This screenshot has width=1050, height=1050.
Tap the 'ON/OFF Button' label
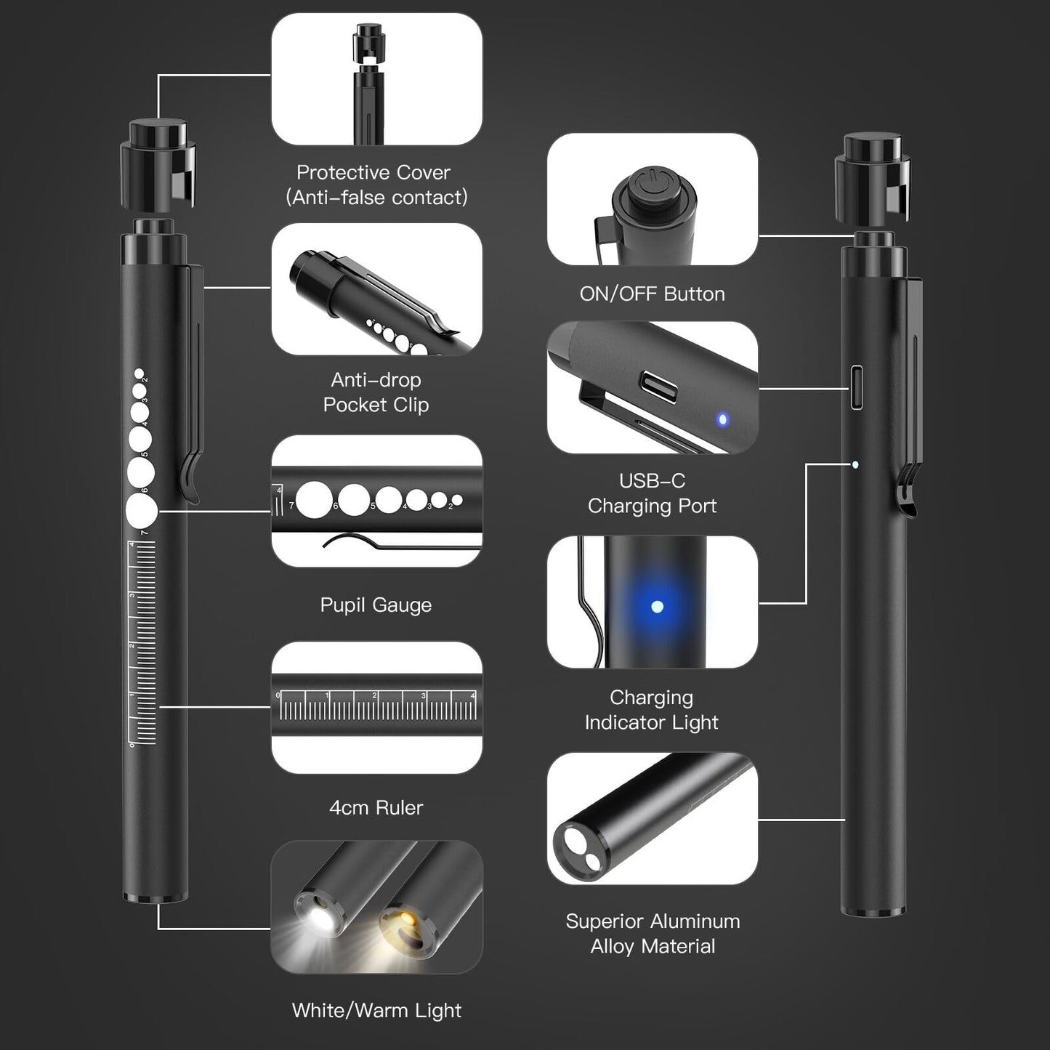pos(652,294)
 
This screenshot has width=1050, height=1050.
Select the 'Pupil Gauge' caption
pos(376,605)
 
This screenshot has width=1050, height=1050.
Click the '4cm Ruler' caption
pos(376,807)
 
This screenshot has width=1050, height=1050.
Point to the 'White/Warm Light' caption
pos(376,1010)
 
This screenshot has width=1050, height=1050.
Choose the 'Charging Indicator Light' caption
pos(651,710)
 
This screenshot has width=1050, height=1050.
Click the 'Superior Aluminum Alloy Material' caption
pos(653,934)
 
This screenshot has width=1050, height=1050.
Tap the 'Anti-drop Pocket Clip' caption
pos(376,392)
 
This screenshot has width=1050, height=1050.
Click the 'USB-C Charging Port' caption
pos(652,493)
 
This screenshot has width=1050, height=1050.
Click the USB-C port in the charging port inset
pos(659,387)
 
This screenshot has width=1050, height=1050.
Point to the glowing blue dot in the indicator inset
pos(657,606)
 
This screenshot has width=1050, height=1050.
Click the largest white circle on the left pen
pos(142,511)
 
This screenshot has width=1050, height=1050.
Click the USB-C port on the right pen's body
pos(857,387)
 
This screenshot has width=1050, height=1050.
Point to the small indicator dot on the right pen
pos(855,464)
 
